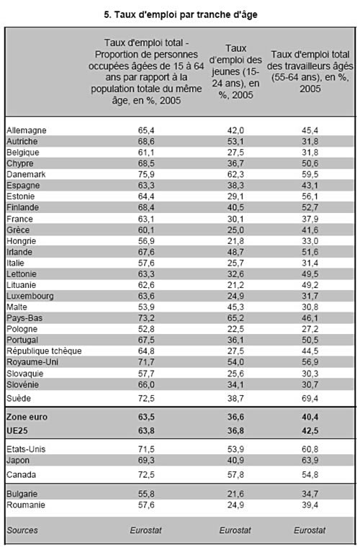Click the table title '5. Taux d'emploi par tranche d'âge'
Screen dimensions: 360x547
(180, 14)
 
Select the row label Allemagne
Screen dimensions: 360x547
(27, 130)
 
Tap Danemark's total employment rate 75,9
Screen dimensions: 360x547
(146, 174)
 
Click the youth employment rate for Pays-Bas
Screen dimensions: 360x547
(235, 318)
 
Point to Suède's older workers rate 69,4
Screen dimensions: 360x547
(310, 399)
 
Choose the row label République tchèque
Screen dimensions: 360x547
(44, 351)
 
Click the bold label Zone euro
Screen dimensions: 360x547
(27, 417)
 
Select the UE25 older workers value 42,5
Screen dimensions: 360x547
(310, 431)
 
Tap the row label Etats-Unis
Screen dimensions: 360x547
(26, 449)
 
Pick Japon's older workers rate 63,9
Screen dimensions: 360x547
(310, 461)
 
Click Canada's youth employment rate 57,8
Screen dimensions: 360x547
(235, 475)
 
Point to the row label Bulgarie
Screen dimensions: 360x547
(22, 494)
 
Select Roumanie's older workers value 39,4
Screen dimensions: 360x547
(310, 505)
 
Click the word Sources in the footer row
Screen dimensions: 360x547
(22, 530)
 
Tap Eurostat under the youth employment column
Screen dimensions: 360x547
(235, 530)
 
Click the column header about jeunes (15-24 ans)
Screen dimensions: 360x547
(235, 71)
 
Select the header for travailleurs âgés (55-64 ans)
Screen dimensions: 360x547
(310, 71)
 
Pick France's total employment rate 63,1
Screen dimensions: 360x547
(146, 219)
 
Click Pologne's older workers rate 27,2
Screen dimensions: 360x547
(310, 329)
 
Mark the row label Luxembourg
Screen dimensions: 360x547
(30, 297)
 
